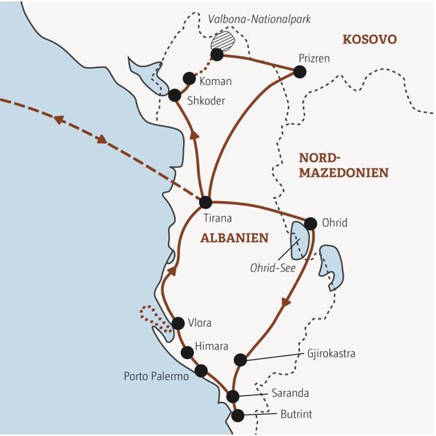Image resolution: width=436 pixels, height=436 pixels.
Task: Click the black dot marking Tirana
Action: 206,202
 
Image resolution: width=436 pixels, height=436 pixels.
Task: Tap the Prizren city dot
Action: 299,71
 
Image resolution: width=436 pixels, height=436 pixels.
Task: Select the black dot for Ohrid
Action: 310,223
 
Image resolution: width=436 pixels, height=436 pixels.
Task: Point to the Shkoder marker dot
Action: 174,95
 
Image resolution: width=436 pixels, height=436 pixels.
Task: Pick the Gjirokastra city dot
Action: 241,359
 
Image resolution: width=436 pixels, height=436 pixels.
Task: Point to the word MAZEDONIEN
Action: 344,173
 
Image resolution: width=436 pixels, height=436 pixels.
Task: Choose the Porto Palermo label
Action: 156,376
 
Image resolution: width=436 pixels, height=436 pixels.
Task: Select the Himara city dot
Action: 187,352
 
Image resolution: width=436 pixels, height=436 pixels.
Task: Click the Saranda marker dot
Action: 233,396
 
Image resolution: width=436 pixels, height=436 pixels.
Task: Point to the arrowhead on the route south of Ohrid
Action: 286,303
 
